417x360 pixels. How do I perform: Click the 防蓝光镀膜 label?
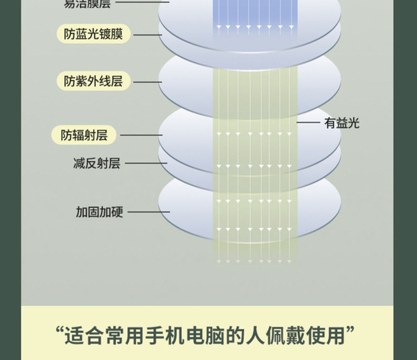[x=93, y=34]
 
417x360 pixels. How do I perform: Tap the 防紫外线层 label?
[x=93, y=81]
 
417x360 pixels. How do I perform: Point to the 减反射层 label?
[x=96, y=163]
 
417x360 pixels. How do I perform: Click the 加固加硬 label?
[x=99, y=212]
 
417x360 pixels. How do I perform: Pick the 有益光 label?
[x=341, y=123]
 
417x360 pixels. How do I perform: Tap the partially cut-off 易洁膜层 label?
[x=87, y=3]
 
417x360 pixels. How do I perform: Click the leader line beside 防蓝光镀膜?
[x=148, y=35]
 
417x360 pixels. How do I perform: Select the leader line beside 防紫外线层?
[x=148, y=82]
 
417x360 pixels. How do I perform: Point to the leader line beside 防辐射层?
[x=141, y=136]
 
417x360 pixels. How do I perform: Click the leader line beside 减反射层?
[x=146, y=163]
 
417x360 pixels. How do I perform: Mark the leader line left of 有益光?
[x=308, y=123]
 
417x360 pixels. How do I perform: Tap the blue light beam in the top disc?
[x=249, y=16]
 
